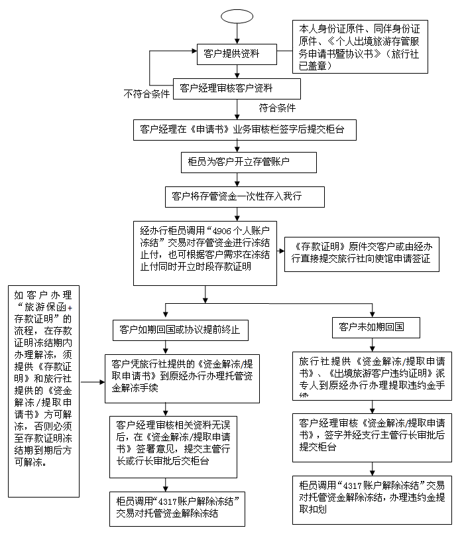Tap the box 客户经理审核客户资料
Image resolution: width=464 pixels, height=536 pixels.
coord(237,88)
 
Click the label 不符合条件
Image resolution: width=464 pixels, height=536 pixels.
coord(146,94)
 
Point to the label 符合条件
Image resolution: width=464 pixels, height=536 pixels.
coord(277,107)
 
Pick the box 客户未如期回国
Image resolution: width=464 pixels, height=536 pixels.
coord(371,327)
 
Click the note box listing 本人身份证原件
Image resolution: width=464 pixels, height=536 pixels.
coord(360,46)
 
